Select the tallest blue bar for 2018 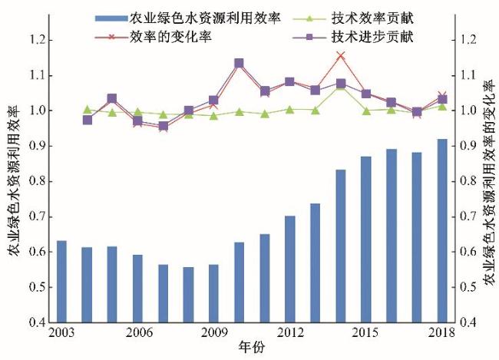pos(441,230)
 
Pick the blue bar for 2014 pos(340,246)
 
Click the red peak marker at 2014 pos(341,55)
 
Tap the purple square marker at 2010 pos(239,63)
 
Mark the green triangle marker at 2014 pos(341,86)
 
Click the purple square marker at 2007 pos(163,127)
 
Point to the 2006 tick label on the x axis pos(137,334)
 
